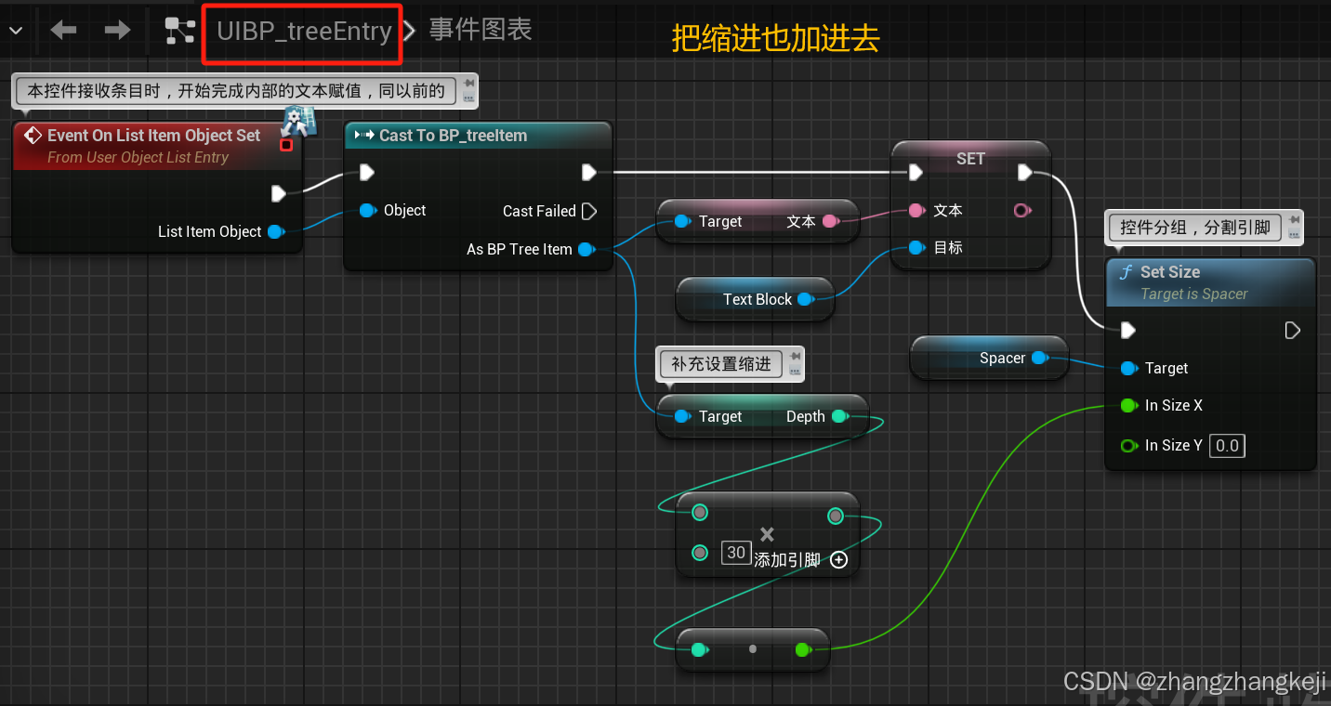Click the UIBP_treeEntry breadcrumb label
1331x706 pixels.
(304, 32)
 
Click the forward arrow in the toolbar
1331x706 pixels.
(117, 31)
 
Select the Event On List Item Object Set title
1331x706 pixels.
(153, 136)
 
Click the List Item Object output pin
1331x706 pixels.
(275, 232)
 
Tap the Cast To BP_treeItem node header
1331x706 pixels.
(453, 136)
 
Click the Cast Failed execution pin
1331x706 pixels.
(588, 212)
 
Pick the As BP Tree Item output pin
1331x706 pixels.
(586, 249)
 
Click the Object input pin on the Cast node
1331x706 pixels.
(367, 211)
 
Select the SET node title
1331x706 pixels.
(970, 159)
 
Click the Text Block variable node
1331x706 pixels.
(757, 299)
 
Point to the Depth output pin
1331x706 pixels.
(838, 416)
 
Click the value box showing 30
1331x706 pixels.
(736, 553)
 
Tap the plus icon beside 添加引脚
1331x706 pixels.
(838, 560)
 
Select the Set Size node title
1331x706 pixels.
(1169, 272)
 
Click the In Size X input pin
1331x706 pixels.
(1128, 406)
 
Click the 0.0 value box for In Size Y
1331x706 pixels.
(1227, 446)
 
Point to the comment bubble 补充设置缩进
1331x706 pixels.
(721, 364)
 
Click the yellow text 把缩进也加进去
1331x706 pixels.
(775, 39)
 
